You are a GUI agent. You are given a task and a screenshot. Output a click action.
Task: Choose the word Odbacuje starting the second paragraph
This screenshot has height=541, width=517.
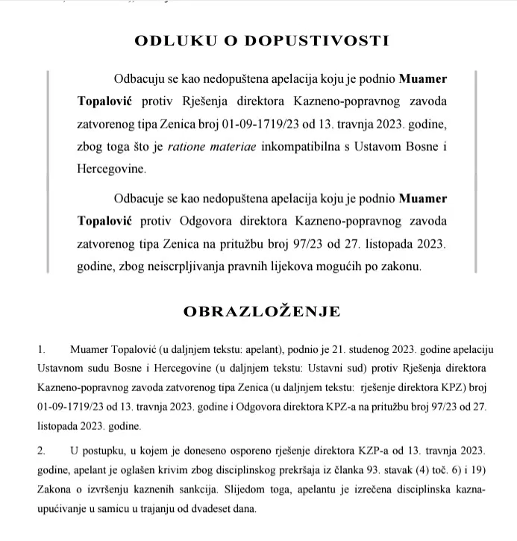[x=142, y=198]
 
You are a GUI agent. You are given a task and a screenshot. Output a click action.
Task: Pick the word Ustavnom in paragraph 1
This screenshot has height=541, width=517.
[x=60, y=369]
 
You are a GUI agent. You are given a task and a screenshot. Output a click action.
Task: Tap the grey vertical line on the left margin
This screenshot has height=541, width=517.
[x=48, y=172]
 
